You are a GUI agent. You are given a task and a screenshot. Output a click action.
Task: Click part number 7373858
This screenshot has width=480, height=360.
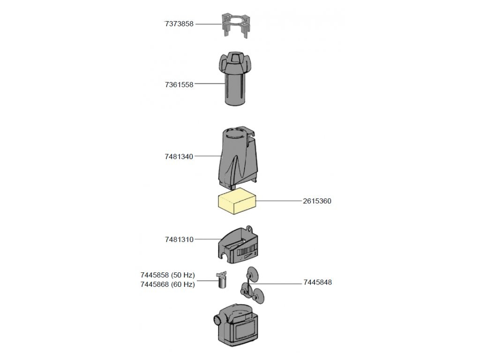[x=179, y=24]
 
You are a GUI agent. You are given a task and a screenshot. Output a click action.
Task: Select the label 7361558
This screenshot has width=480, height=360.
[x=179, y=85]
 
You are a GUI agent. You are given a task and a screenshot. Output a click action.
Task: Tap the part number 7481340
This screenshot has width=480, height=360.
[x=179, y=157]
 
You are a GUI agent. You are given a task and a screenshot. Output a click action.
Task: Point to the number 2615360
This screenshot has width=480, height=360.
[x=317, y=201]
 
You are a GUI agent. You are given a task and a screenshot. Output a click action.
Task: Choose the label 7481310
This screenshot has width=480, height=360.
[x=179, y=240]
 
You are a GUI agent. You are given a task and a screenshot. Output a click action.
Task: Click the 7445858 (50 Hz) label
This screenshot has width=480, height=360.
[x=167, y=275]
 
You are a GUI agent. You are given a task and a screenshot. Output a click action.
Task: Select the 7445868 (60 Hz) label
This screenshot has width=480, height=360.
[x=167, y=284]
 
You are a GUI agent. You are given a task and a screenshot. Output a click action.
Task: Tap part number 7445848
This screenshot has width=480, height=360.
[x=317, y=282]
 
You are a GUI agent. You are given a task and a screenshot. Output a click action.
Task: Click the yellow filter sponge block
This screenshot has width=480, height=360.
[x=237, y=202]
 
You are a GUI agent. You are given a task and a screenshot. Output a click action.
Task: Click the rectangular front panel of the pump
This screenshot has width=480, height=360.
[x=245, y=331]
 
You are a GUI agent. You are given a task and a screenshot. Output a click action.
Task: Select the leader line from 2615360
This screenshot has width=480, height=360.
[x=279, y=201]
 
